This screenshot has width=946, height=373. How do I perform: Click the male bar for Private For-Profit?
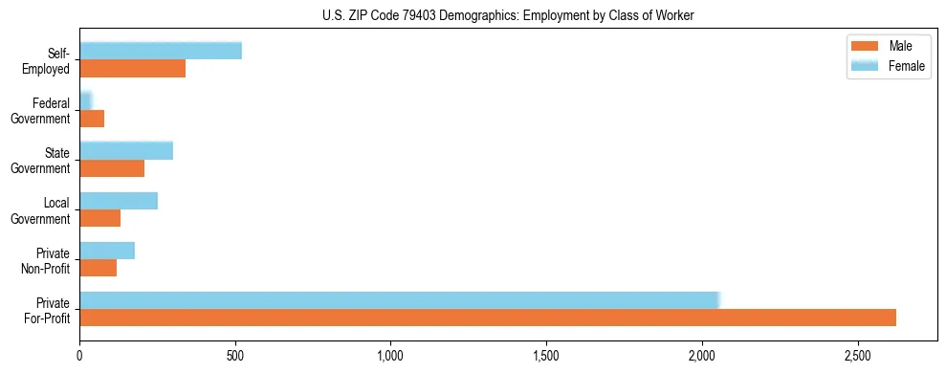pyautogui.click(x=488, y=318)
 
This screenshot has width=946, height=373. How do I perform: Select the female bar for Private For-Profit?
pyautogui.click(x=399, y=300)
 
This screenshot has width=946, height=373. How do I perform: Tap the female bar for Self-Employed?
pyautogui.click(x=161, y=51)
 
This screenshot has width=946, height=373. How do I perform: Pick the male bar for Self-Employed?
pyautogui.click(x=132, y=69)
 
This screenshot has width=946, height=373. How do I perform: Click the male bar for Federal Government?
pyautogui.click(x=92, y=119)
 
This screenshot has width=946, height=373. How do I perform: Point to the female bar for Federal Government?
pyautogui.click(x=85, y=100)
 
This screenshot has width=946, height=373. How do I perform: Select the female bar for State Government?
pyautogui.click(x=126, y=150)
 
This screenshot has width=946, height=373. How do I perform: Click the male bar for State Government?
pyautogui.click(x=112, y=168)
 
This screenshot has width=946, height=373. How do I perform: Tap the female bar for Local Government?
pyautogui.click(x=119, y=201)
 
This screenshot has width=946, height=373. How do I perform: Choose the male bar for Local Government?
pyautogui.click(x=100, y=218)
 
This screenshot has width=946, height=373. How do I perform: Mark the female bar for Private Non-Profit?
pyautogui.click(x=107, y=251)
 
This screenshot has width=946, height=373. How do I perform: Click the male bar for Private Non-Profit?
pyautogui.click(x=99, y=268)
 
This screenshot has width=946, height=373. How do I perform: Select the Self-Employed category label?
pyautogui.click(x=52, y=60)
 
